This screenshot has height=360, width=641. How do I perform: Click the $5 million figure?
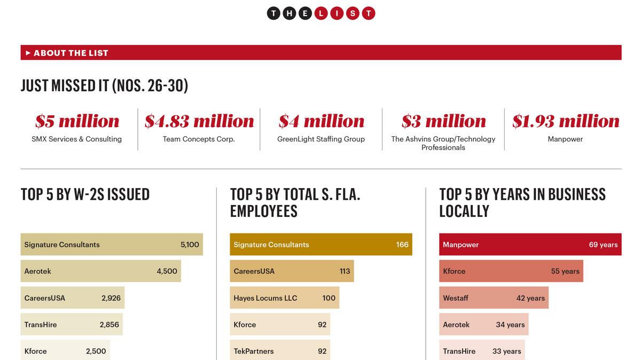point(77,121)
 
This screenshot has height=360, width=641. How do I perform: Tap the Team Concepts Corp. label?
point(199,139)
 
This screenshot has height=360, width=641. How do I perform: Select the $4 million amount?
point(321,121)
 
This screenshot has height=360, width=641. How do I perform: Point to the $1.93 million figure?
point(565,121)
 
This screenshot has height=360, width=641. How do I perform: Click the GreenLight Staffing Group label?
point(321,139)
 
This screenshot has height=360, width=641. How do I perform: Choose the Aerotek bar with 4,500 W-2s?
point(100,271)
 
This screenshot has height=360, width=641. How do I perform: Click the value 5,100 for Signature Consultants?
point(190,245)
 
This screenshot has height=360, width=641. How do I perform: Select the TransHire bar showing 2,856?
point(72,325)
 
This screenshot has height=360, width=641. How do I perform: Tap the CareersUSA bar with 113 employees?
point(292,271)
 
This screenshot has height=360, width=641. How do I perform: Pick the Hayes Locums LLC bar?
point(284,298)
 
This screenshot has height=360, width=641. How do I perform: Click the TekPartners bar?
point(280,350)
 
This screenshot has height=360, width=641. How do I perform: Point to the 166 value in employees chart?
point(402,245)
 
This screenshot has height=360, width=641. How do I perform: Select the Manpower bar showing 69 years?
point(530,245)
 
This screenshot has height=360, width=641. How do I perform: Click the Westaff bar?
point(494,298)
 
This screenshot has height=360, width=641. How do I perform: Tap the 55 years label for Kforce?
point(565,271)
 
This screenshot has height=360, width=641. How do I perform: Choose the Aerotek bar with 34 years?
point(483,325)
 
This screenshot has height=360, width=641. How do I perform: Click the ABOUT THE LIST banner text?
point(71,53)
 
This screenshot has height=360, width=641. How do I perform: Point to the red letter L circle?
point(320,13)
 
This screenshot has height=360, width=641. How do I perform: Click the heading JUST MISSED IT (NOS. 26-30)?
point(104,86)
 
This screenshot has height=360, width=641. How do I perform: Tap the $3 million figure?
point(443,121)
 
